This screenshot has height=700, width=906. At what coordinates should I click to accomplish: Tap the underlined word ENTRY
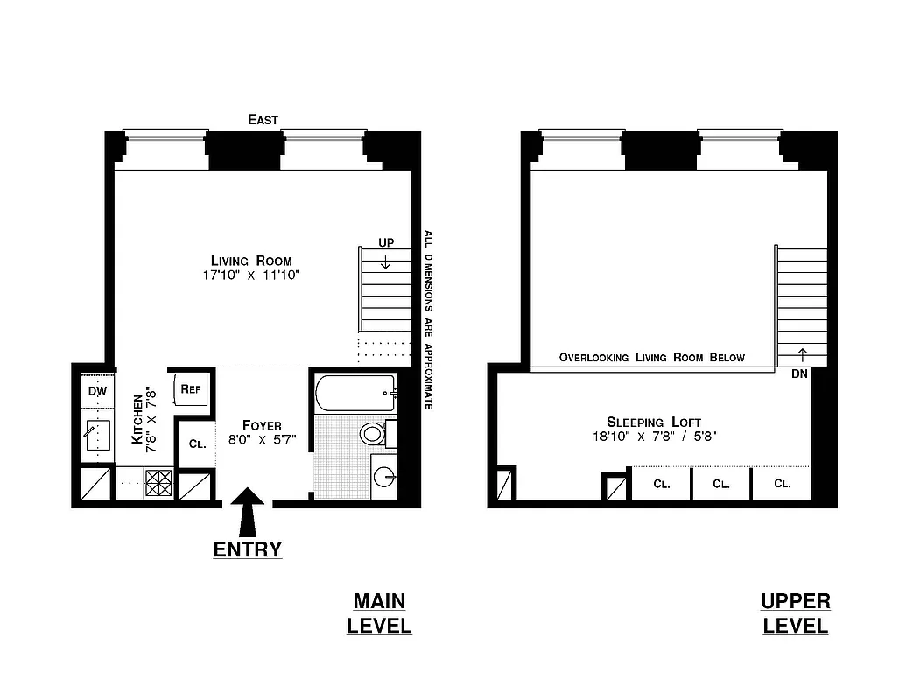[249, 549]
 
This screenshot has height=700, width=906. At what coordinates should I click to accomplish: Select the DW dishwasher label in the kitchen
[96, 391]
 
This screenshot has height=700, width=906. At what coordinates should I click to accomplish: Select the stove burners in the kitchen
[158, 484]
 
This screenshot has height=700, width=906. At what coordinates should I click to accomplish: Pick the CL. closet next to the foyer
[198, 444]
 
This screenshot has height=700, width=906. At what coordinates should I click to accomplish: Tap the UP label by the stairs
[385, 242]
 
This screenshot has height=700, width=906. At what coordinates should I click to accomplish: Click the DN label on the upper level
[798, 374]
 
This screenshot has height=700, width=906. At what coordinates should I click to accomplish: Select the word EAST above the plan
[263, 120]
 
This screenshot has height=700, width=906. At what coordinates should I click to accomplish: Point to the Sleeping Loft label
[654, 422]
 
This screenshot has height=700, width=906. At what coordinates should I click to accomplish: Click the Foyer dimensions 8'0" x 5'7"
[262, 440]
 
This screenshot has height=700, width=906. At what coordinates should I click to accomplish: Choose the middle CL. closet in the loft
[720, 484]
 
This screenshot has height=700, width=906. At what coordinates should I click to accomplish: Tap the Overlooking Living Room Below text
[652, 357]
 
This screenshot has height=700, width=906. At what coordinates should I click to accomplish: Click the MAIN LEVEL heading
[379, 613]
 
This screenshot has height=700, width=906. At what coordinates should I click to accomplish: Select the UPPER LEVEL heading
[795, 613]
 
